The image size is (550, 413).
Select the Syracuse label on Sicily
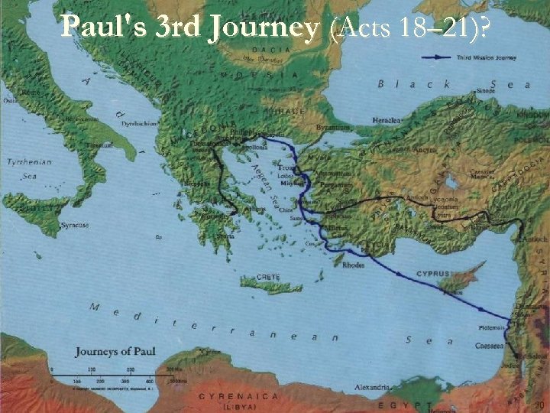click(x=74, y=225)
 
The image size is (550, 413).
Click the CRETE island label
click(x=268, y=276)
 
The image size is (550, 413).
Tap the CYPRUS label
click(x=433, y=274)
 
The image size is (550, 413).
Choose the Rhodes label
click(x=354, y=265)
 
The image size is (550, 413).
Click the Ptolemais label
click(x=493, y=327)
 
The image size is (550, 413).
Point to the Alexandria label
click(x=372, y=387)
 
